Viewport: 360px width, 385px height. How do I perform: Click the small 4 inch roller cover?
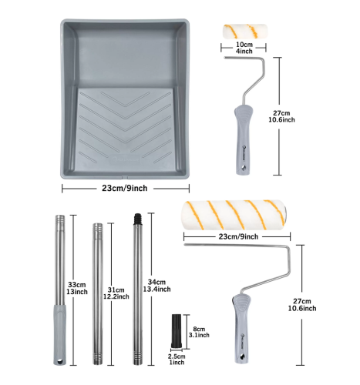pos(245,32)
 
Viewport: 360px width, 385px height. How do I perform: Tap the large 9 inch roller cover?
pos(234,215)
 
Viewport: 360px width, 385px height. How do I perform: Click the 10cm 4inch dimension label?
pos(244,48)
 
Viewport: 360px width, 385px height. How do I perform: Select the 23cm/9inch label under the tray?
pos(125,188)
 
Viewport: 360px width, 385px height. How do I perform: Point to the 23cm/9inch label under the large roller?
pos(238,236)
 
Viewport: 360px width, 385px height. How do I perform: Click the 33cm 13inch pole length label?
pos(77,288)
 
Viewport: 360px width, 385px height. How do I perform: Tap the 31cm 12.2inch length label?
pos(116,293)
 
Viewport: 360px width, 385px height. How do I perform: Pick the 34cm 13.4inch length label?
pos(156,286)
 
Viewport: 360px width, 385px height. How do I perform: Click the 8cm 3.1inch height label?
pos(199,332)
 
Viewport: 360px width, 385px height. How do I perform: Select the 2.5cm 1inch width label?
pos(177,359)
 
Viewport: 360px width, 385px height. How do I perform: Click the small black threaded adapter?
pos(177,331)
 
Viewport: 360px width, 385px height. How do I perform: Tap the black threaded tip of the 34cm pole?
pos(138,218)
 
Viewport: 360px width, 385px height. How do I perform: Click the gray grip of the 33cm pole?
pos(59,334)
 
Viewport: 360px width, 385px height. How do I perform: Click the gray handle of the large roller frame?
pos(241,329)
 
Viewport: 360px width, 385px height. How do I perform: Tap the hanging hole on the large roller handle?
pos(242,357)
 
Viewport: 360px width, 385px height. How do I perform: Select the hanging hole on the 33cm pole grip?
pos(60,361)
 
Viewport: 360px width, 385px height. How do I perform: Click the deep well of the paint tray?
pos(126,55)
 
